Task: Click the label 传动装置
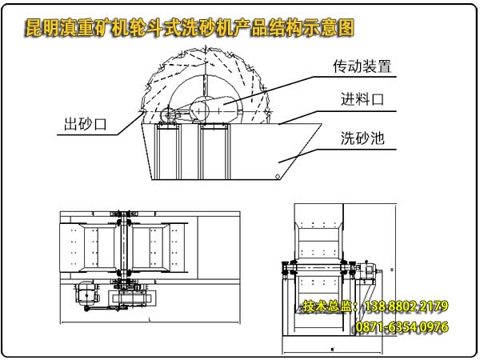[363, 66]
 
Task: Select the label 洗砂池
[362, 138]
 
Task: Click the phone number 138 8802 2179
[406, 307]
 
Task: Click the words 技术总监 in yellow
[328, 307]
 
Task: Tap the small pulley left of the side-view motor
[169, 117]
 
